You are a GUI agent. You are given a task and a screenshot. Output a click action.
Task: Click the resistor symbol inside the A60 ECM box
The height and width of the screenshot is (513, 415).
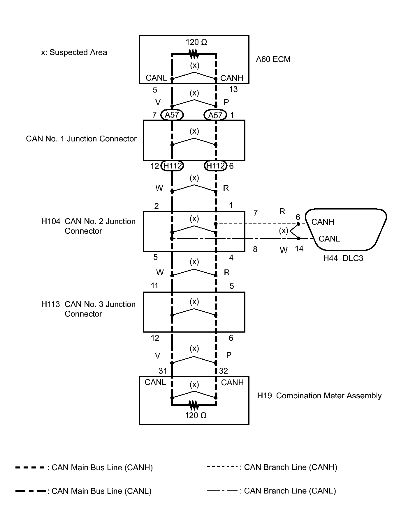pos(194,54)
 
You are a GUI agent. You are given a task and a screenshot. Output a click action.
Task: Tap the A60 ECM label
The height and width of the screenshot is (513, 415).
pos(273,59)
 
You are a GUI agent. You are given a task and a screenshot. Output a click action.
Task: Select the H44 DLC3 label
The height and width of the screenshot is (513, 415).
pos(343,258)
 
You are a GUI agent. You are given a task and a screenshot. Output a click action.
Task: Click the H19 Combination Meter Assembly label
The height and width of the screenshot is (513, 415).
pos(319,396)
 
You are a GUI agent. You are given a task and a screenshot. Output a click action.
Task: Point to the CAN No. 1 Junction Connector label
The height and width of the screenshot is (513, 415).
pos(81,139)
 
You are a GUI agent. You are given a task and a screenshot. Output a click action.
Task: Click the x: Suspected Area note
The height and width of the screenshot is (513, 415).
pos(74,52)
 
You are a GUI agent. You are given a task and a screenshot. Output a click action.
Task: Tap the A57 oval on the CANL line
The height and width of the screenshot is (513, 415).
pos(172,115)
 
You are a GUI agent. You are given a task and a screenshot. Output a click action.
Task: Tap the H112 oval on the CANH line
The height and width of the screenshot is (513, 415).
pos(216,166)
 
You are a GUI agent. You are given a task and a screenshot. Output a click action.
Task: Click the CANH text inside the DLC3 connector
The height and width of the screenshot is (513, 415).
pos(323,222)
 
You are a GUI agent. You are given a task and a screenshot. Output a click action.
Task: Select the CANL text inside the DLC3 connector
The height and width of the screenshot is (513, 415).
pos(329,239)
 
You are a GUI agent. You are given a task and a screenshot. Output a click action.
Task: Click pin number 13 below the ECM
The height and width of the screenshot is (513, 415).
pos(233,89)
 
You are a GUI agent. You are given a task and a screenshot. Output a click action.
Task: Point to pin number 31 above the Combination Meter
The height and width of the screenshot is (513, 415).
pos(163,371)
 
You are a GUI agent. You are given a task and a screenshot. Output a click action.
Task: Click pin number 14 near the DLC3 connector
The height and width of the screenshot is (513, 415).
pos(299,249)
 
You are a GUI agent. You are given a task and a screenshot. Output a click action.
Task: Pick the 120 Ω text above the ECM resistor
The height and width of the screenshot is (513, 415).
pos(196,42)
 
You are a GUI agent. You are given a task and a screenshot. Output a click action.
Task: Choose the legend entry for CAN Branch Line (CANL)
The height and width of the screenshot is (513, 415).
pos(272,491)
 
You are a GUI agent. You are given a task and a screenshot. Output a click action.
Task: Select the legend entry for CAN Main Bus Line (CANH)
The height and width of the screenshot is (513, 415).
pos(84,468)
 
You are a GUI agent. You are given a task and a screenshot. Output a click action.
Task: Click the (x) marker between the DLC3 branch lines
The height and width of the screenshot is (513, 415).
pos(284,231)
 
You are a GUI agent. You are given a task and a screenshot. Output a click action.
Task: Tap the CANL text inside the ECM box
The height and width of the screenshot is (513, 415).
pos(156,78)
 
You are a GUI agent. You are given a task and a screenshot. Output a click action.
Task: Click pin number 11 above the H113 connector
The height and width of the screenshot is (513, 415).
pos(154,286)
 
